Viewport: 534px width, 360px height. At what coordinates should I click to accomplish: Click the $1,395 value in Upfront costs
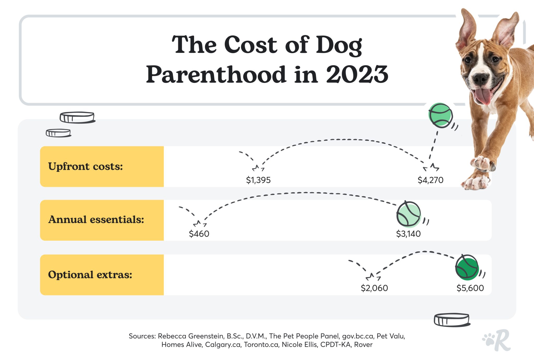(x=258, y=180)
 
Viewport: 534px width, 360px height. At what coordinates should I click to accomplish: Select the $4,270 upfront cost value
(x=430, y=180)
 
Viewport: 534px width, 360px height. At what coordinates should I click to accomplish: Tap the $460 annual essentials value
(x=199, y=234)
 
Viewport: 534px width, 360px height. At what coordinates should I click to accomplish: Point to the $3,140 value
(x=408, y=234)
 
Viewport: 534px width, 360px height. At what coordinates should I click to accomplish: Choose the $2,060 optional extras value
(x=374, y=288)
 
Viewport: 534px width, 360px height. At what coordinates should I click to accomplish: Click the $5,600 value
(x=470, y=288)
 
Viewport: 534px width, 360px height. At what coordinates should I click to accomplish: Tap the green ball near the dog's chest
(x=440, y=115)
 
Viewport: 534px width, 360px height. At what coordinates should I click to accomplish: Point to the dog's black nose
(x=481, y=78)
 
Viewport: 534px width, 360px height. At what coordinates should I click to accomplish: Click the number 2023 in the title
(x=357, y=75)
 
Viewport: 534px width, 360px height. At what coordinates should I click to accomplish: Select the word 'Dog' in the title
(x=339, y=45)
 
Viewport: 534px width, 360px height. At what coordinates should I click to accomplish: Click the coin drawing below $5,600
(x=452, y=320)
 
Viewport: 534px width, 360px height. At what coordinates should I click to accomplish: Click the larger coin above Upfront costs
(x=77, y=117)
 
